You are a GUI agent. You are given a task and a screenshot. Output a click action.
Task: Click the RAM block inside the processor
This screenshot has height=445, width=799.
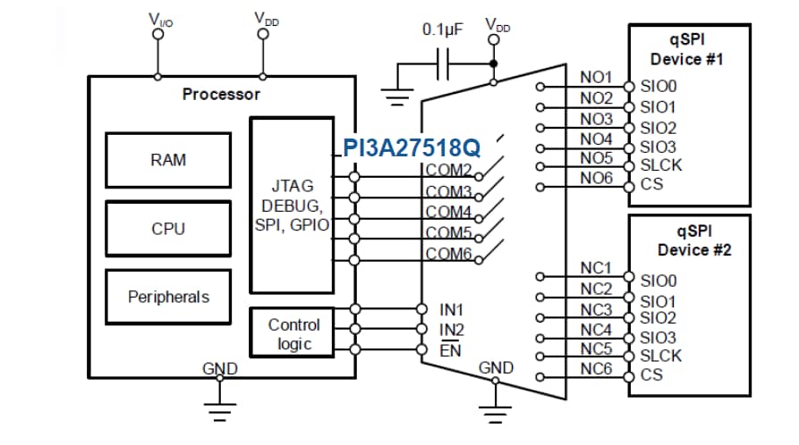(x=168, y=161)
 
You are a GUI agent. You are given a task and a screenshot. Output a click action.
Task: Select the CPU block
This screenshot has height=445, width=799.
(x=168, y=229)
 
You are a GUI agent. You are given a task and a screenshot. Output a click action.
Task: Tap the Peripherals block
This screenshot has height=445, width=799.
(x=168, y=297)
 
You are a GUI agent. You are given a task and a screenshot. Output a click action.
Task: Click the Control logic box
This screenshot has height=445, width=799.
(x=293, y=334)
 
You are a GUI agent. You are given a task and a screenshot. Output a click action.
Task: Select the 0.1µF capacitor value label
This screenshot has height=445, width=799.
(x=444, y=29)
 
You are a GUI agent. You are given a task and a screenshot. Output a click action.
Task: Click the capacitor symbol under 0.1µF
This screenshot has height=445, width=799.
(x=443, y=64)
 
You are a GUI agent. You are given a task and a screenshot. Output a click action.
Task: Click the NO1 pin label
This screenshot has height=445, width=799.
(x=596, y=78)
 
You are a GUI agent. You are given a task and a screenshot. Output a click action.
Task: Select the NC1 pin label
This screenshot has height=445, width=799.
(x=596, y=268)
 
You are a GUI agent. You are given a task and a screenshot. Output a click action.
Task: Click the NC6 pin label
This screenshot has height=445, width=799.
(x=596, y=369)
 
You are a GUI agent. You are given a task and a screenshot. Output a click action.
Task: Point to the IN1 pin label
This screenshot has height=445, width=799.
(x=452, y=310)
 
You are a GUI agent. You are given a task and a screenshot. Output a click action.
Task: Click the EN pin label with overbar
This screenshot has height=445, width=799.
(x=450, y=349)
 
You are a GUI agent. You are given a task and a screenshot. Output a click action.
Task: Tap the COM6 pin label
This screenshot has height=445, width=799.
(x=448, y=254)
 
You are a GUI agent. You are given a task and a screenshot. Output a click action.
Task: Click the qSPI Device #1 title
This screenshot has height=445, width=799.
(x=688, y=50)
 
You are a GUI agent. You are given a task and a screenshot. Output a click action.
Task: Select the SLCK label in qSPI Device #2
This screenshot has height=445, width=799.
(x=661, y=356)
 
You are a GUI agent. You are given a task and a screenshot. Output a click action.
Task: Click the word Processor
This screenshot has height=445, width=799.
(x=221, y=94)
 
